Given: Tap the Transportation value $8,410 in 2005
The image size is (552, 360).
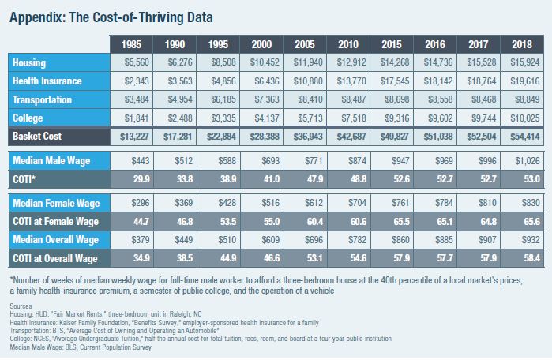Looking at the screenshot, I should click(308, 99).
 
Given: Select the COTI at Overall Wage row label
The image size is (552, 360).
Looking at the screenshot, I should click(54, 258).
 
